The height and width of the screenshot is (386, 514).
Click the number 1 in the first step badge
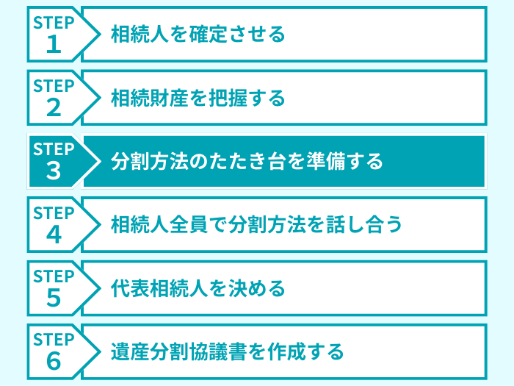tap(54, 45)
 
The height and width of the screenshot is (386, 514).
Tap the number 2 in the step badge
tap(54, 108)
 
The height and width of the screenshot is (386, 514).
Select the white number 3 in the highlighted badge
tap(54, 172)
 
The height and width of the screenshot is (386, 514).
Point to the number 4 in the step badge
tap(54, 235)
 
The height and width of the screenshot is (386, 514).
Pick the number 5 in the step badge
tap(54, 299)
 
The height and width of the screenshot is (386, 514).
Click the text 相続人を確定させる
tap(198, 34)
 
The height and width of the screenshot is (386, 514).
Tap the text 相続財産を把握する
tap(198, 98)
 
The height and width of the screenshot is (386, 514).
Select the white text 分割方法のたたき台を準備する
tap(247, 161)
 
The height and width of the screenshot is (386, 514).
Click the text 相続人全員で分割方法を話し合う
tap(256, 224)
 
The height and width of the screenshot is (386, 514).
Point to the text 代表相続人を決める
tap(198, 288)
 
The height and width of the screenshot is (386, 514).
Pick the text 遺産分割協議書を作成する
tap(227, 351)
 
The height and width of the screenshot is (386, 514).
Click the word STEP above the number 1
tap(54, 23)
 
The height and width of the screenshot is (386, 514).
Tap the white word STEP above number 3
tap(54, 150)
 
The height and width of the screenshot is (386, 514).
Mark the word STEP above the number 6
tap(54, 340)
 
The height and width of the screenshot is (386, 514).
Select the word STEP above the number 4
tap(54, 213)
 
